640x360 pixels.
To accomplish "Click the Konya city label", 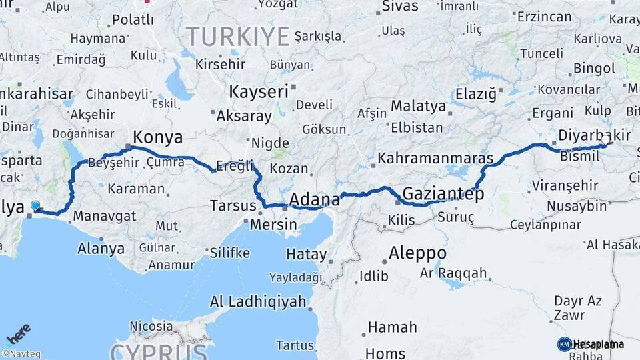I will pos(157,137).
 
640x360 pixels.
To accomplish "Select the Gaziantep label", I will pos(443,194).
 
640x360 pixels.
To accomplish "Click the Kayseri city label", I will pos(258,91).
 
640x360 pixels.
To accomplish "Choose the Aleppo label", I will pos(417,253).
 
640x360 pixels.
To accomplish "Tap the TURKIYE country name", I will pos(237,35).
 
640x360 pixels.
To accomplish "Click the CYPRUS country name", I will pos(158,351).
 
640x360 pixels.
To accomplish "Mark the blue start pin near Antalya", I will pos(35,207).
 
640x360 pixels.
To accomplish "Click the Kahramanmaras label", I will pos(435,159).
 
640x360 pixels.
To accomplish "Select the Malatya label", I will pos(418,106).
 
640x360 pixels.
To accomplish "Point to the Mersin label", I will pos(273,225).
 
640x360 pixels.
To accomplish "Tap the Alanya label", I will pos(101,249).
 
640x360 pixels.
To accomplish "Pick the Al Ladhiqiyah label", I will pos(258,301).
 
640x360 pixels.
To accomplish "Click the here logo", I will pos(18,333).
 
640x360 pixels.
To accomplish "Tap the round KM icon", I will pos(564,344).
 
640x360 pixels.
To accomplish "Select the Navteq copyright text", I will pos(21,354).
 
